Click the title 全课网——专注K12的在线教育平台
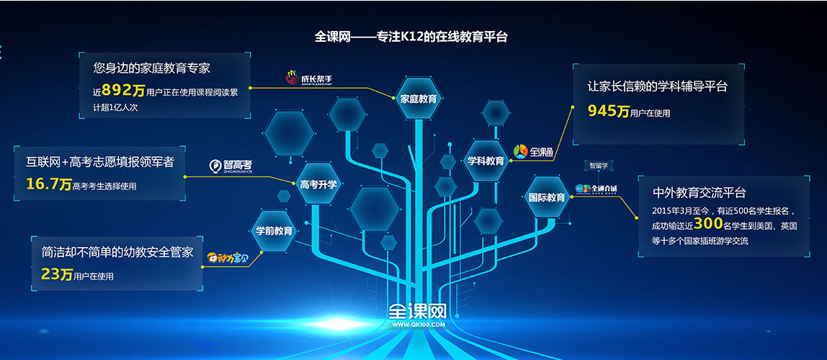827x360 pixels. click(x=411, y=37)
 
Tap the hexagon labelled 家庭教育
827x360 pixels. click(x=418, y=99)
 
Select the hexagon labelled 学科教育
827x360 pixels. click(x=486, y=161)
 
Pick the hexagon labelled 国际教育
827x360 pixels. click(x=546, y=197)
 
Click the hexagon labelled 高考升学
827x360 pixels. click(x=318, y=183)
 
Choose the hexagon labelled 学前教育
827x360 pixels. click(x=273, y=230)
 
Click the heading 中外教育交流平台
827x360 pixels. click(x=699, y=192)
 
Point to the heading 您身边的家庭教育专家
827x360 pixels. click(x=151, y=68)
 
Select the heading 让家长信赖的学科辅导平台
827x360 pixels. click(x=657, y=86)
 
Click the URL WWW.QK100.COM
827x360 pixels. click(x=419, y=325)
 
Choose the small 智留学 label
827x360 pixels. click(x=599, y=166)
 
